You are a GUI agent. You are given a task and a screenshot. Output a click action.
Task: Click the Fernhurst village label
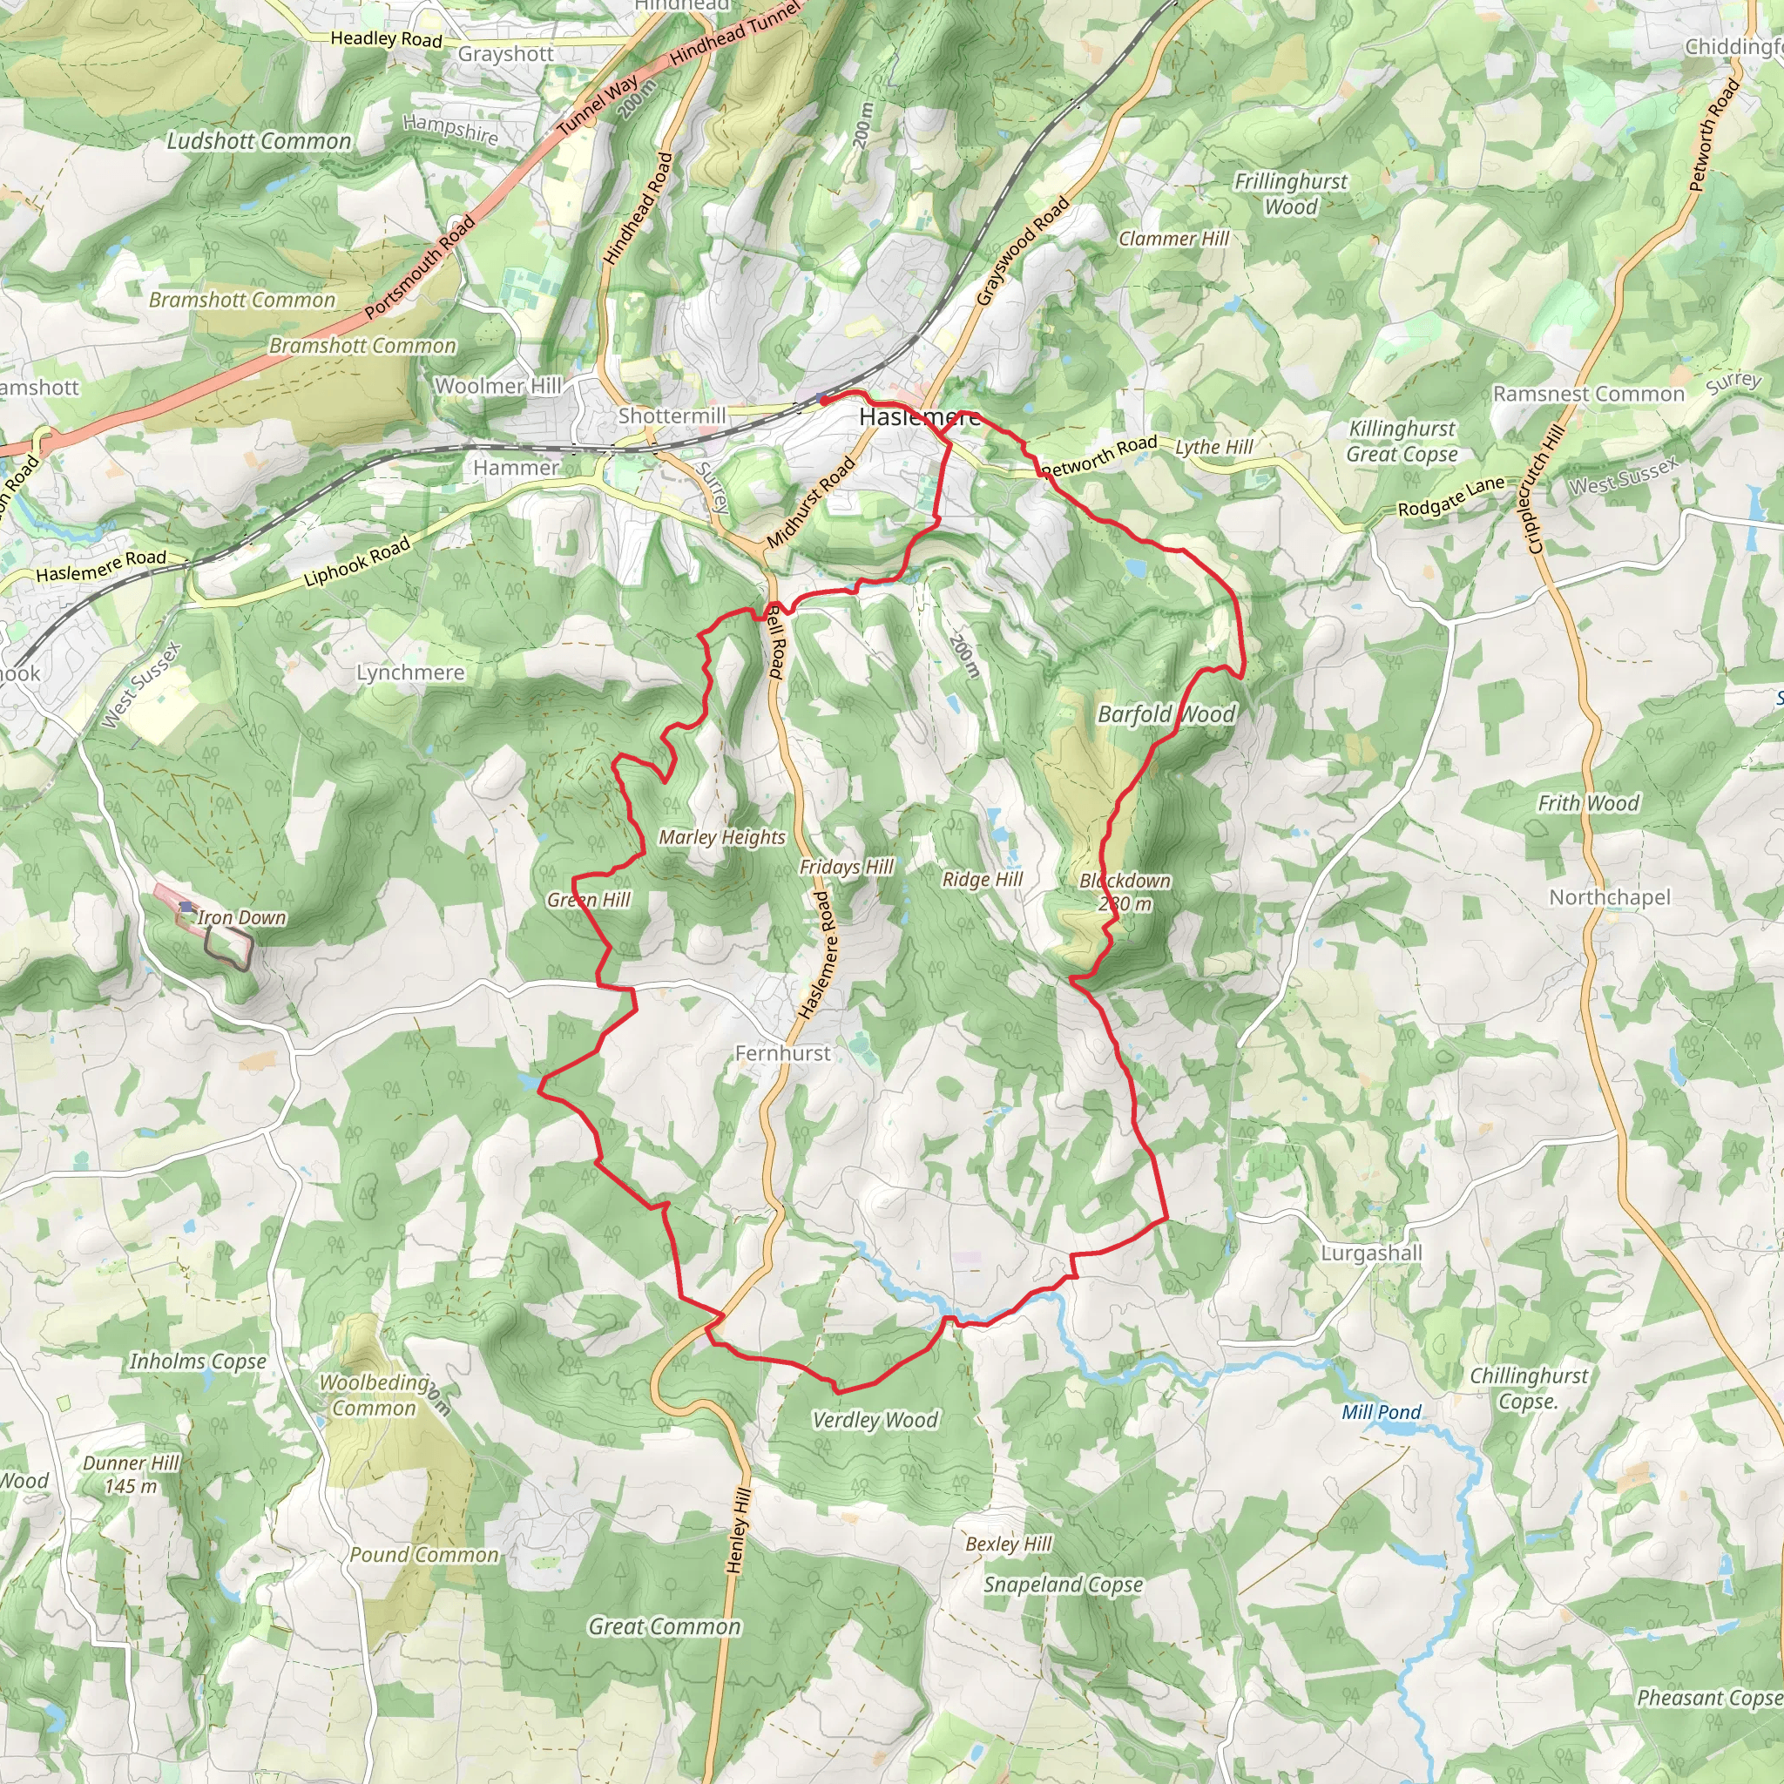[x=782, y=1052]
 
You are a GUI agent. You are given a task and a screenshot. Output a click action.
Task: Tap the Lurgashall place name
[x=1370, y=1253]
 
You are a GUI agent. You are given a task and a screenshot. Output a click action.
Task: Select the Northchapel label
[x=1610, y=896]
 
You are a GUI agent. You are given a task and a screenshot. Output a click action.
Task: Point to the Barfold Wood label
[x=1166, y=713]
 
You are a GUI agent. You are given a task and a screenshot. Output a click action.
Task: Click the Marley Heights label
[x=721, y=836]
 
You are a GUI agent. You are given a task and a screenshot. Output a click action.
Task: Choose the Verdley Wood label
[x=875, y=1420]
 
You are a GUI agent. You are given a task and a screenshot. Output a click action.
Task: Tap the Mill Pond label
[x=1381, y=1412]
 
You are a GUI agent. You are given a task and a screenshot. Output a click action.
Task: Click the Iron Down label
[x=241, y=917]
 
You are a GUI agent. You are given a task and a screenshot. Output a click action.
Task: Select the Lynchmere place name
[x=410, y=672]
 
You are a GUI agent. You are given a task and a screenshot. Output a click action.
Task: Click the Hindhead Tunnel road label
[x=735, y=34]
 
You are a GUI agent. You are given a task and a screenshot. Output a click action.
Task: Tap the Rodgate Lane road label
[x=1450, y=497]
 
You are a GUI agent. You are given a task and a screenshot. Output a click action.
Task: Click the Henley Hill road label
[x=739, y=1530]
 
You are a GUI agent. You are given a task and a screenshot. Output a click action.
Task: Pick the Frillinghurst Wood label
[x=1291, y=194]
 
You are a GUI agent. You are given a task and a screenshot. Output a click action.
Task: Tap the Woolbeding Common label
[x=374, y=1395]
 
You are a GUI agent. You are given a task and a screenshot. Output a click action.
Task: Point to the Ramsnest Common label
[x=1588, y=395]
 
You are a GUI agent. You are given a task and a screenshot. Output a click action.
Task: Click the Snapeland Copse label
[x=1062, y=1585]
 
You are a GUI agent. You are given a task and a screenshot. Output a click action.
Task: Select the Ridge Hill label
[x=982, y=879]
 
